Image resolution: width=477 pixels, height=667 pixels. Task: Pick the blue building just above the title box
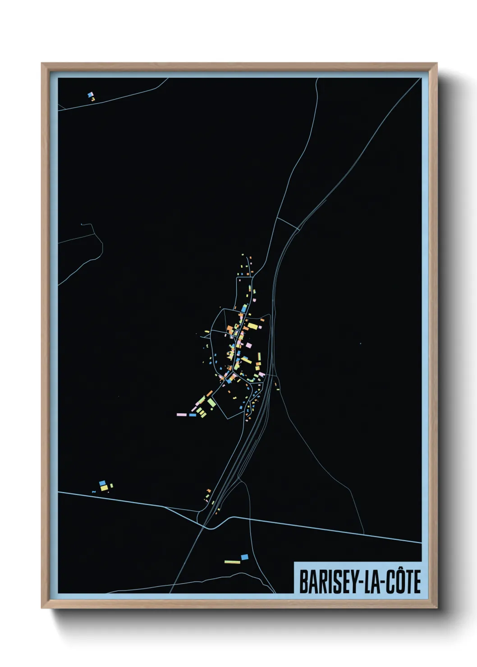point(244,557)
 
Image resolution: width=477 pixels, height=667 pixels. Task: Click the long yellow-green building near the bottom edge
point(232,562)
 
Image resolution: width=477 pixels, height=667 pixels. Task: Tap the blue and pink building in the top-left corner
point(91,95)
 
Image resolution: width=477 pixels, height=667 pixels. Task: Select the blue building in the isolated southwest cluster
point(102,483)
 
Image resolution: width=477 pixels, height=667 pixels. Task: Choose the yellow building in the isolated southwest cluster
point(104,488)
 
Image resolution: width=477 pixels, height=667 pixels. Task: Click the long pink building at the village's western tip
point(181,414)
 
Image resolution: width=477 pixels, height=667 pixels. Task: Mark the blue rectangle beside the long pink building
point(193,415)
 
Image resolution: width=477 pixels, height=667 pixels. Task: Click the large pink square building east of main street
point(249,345)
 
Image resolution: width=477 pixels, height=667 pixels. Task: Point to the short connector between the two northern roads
point(288,224)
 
